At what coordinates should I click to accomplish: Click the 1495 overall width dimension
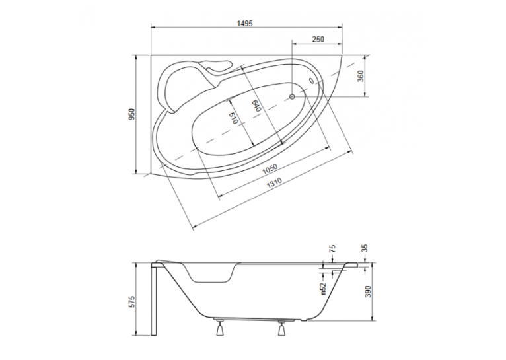[x=244, y=24]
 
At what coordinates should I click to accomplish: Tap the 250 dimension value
[x=318, y=39]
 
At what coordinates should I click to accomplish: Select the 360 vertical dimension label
[x=361, y=76]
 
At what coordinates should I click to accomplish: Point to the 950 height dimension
[x=131, y=114]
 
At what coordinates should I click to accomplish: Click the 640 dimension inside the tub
[x=256, y=106]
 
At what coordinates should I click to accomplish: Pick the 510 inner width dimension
[x=233, y=118]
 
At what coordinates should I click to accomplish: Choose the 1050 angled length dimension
[x=270, y=169]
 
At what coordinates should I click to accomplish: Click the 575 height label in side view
[x=131, y=301]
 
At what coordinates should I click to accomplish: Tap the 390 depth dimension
[x=369, y=291]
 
